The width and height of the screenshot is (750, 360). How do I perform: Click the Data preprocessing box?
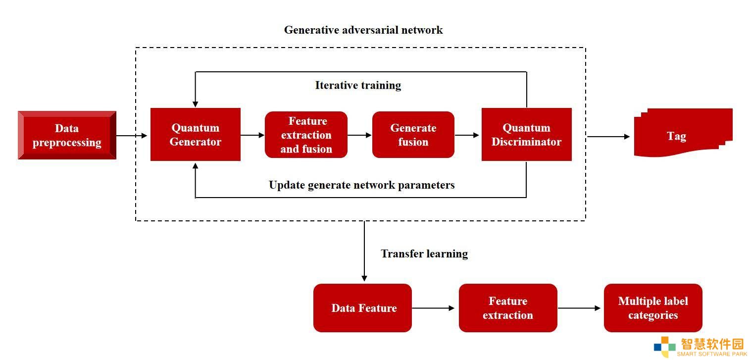pyautogui.click(x=67, y=135)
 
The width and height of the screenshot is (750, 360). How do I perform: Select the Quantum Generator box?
pyautogui.click(x=195, y=134)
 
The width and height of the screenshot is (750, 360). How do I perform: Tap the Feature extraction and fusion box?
pyautogui.click(x=306, y=135)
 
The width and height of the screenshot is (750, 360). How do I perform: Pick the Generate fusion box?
pyautogui.click(x=413, y=135)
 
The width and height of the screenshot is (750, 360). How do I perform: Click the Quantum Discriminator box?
pyautogui.click(x=526, y=134)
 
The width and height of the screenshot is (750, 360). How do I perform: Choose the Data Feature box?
pyautogui.click(x=362, y=308)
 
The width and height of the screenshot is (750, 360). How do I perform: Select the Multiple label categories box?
pyautogui.click(x=653, y=308)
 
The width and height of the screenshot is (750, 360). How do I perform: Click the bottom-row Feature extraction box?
pyautogui.click(x=508, y=308)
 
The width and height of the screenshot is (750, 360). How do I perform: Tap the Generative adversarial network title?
pyautogui.click(x=363, y=30)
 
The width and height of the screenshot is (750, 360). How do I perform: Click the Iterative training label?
pyautogui.click(x=358, y=85)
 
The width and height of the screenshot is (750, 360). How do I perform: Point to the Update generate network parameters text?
pyautogui.click(x=361, y=185)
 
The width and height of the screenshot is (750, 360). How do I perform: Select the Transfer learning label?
pyautogui.click(x=424, y=254)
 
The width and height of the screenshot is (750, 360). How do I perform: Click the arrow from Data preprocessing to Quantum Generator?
pyautogui.click(x=132, y=136)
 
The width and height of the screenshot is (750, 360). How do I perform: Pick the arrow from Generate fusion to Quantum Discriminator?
pyautogui.click(x=467, y=135)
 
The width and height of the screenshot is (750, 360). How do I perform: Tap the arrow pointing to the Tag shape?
pyautogui.click(x=609, y=137)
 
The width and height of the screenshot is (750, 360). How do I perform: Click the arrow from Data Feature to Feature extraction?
pyautogui.click(x=433, y=308)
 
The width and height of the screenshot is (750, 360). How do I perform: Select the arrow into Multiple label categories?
pyautogui.click(x=579, y=308)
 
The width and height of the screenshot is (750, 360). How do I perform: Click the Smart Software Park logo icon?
pyautogui.click(x=665, y=347)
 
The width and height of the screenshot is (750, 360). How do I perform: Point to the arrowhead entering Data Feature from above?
pyautogui.click(x=364, y=279)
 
